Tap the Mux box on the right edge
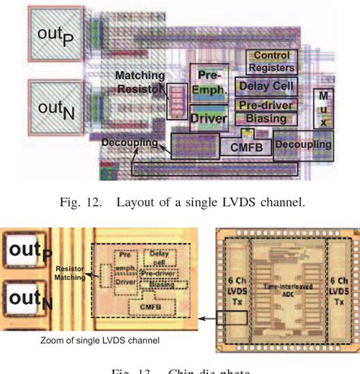[x=324, y=108]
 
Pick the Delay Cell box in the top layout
[x=267, y=87]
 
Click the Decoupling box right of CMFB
[x=303, y=144]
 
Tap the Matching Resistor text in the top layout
[x=141, y=82]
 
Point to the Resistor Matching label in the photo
[x=72, y=274]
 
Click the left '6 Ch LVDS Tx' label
[x=232, y=283]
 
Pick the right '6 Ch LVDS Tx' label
[x=338, y=282]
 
